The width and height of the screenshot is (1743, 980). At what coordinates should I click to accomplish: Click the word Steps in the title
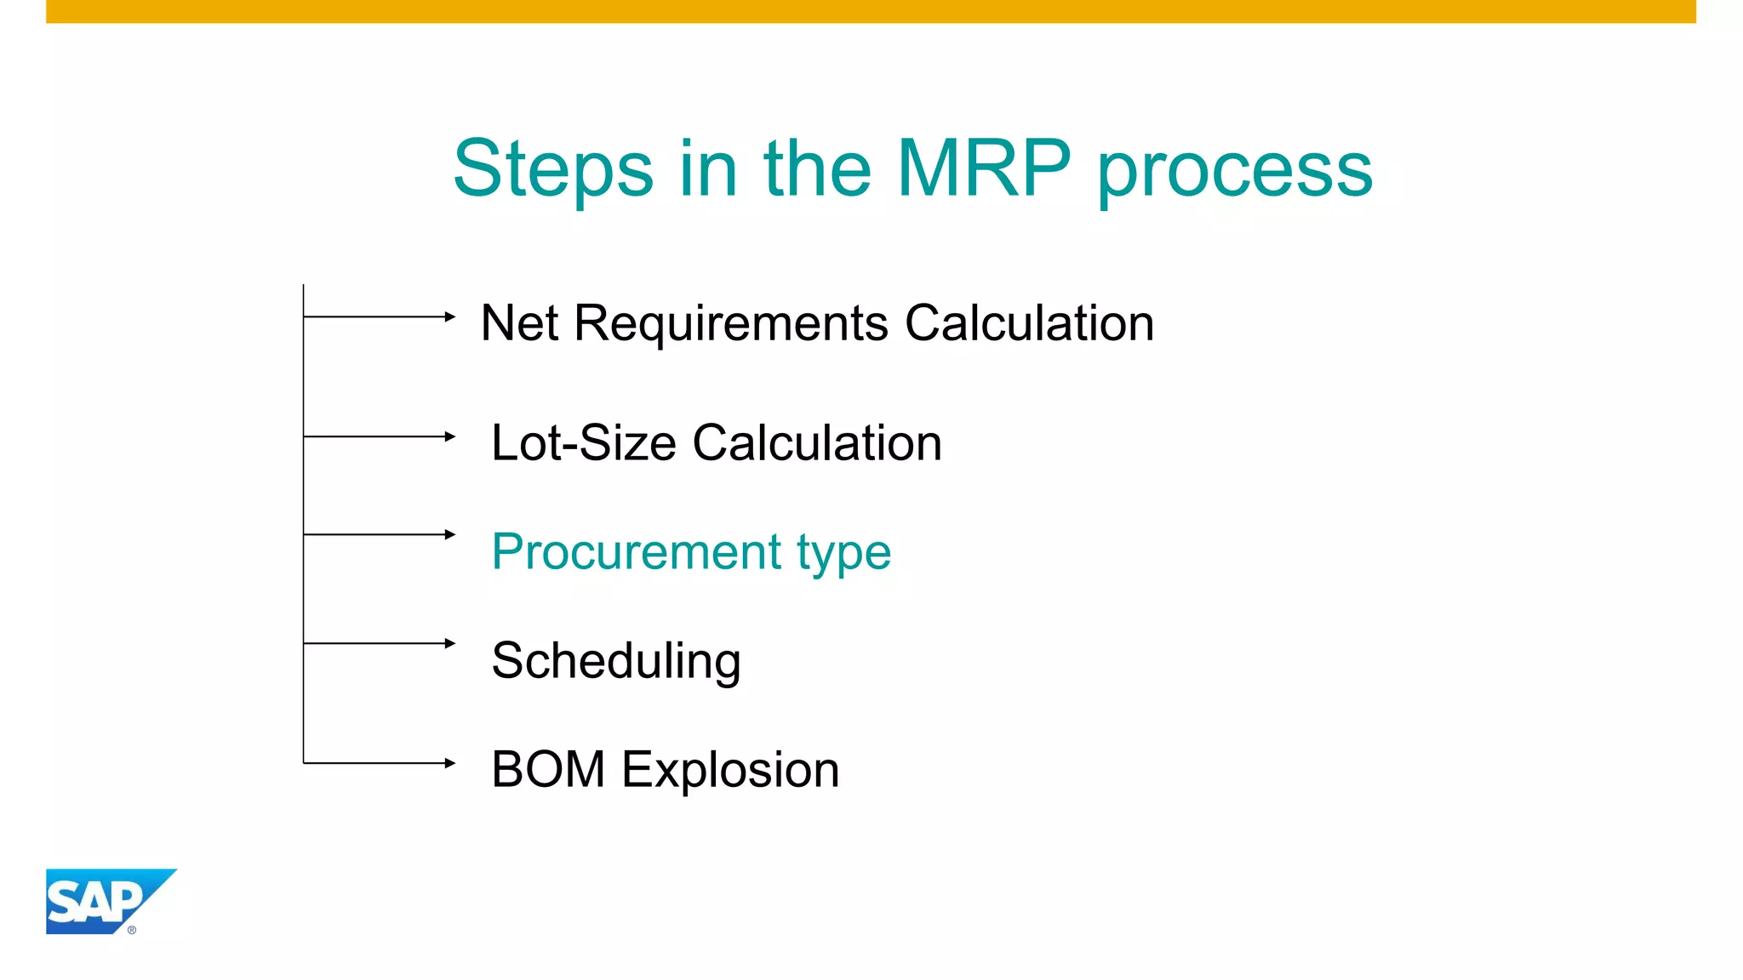(552, 168)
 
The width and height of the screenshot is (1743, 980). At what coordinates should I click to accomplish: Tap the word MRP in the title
(983, 168)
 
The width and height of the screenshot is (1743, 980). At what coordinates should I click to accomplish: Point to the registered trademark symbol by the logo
(132, 930)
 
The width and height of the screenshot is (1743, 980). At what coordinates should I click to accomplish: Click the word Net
(519, 323)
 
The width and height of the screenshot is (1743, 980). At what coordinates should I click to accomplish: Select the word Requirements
(731, 323)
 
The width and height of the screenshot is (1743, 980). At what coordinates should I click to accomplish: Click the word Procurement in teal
(636, 551)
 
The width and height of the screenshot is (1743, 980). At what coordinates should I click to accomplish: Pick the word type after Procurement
(843, 555)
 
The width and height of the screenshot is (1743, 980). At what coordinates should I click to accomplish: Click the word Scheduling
(616, 662)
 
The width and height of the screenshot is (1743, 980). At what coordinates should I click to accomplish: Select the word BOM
(548, 770)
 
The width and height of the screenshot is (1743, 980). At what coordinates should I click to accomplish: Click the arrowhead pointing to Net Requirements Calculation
(450, 316)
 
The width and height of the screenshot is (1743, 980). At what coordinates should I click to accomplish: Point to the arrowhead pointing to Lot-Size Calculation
(450, 436)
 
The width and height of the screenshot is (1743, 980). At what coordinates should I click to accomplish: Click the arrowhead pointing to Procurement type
(450, 534)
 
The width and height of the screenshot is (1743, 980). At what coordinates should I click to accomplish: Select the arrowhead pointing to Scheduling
(450, 643)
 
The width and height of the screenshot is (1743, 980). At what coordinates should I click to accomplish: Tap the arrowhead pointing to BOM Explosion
(450, 763)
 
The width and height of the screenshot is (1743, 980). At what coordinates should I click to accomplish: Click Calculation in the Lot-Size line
(817, 443)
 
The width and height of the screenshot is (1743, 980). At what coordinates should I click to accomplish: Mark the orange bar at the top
(871, 11)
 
